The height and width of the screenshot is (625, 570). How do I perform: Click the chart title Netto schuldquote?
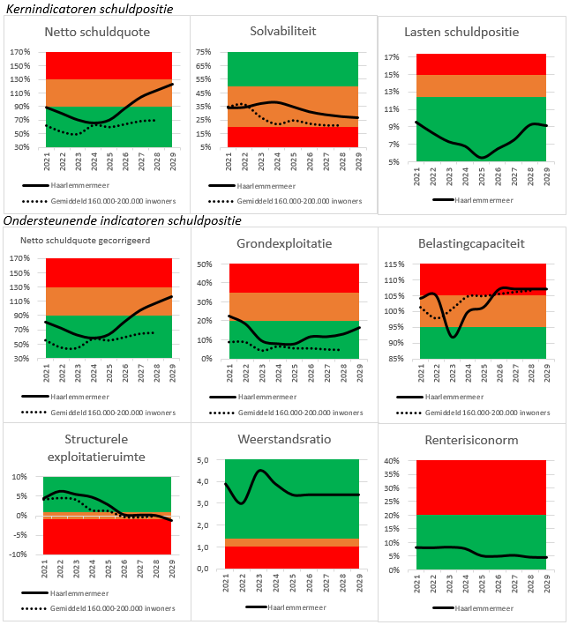coord(96,33)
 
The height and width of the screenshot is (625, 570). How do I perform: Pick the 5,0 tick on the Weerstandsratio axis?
coord(202,460)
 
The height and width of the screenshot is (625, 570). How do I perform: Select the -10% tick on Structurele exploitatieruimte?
coord(19,554)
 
